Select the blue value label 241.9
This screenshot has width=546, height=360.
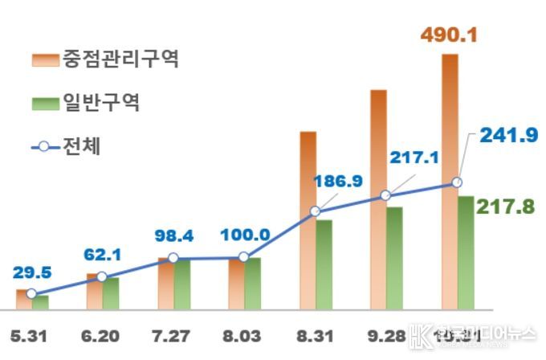(508, 136)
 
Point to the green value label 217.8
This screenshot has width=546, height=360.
(506, 207)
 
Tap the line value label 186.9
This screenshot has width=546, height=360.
(336, 181)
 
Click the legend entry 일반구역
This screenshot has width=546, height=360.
(102, 103)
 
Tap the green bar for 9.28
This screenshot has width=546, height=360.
(394, 257)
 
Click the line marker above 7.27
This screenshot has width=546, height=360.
(173, 259)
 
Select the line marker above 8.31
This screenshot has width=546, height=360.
(316, 212)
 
